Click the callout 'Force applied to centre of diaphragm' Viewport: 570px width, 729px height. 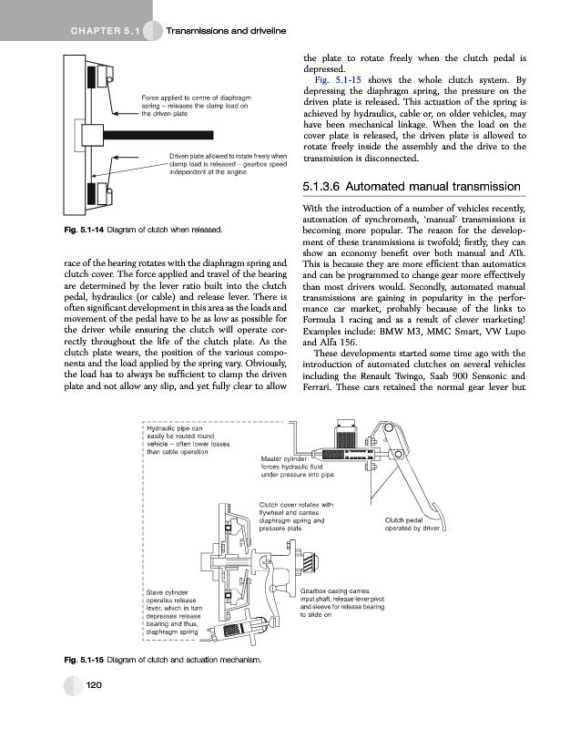click(196, 106)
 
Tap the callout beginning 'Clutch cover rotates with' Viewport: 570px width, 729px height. click(299, 516)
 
